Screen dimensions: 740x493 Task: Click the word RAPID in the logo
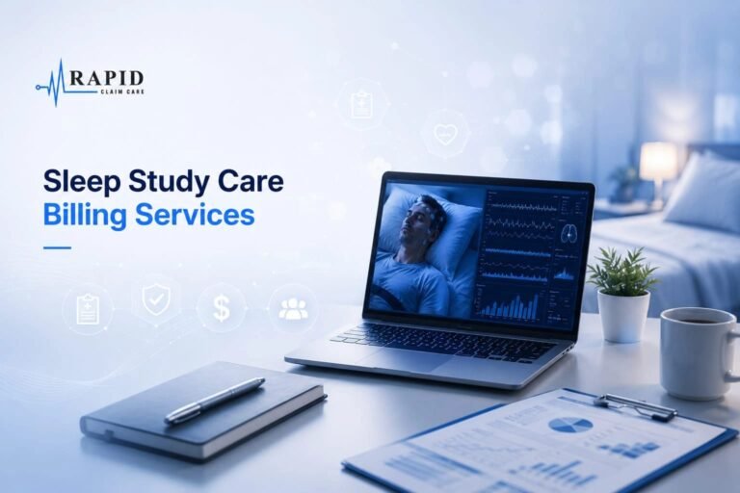pyautogui.click(x=107, y=78)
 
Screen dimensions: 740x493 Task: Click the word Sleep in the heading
pyautogui.click(x=82, y=183)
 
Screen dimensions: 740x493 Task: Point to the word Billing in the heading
pyautogui.click(x=85, y=216)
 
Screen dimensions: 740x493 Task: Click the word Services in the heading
pyautogui.click(x=195, y=215)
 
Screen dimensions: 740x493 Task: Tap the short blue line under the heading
pyautogui.click(x=57, y=247)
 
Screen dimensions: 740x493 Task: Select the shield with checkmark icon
pyautogui.click(x=156, y=298)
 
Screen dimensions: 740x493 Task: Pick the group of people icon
pyautogui.click(x=293, y=308)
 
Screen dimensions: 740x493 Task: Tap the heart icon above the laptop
pyautogui.click(x=444, y=134)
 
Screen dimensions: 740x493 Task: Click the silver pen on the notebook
pyautogui.click(x=215, y=399)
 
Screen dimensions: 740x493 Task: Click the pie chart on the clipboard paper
pyautogui.click(x=571, y=425)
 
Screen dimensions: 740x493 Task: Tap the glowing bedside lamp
pyautogui.click(x=658, y=161)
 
